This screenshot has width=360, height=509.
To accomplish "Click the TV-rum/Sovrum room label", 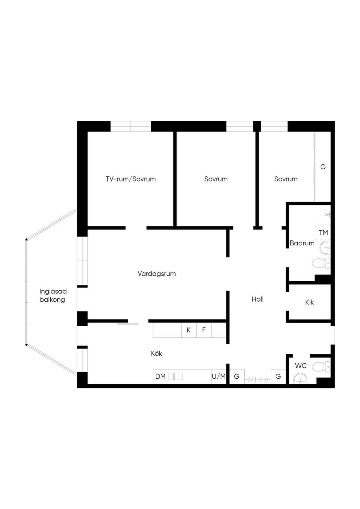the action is pyautogui.click(x=131, y=179).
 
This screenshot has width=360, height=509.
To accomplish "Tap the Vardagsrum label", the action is pyautogui.click(x=157, y=274).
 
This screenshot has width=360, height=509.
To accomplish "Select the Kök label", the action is pyautogui.click(x=156, y=353).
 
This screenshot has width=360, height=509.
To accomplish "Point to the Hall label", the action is pyautogui.click(x=258, y=299).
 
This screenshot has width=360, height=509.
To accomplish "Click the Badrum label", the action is pyautogui.click(x=302, y=243).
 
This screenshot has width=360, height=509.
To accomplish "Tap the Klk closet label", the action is pyautogui.click(x=309, y=302).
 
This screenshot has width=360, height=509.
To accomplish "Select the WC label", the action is pyautogui.click(x=301, y=366).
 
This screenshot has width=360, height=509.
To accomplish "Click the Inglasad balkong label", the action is pyautogui.click(x=53, y=295).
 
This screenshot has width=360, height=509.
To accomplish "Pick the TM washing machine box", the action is pyautogui.click(x=323, y=233).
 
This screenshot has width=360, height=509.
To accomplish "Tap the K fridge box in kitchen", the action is pyautogui.click(x=189, y=330).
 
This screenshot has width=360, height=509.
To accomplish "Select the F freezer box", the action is pyautogui.click(x=204, y=330).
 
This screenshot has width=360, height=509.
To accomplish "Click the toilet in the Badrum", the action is pyautogui.click(x=321, y=263).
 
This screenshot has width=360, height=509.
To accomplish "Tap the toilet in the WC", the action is pyautogui.click(x=321, y=367).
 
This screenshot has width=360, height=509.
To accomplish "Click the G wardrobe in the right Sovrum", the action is pyautogui.click(x=323, y=167).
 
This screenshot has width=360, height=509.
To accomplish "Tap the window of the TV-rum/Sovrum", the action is pyautogui.click(x=131, y=126).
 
